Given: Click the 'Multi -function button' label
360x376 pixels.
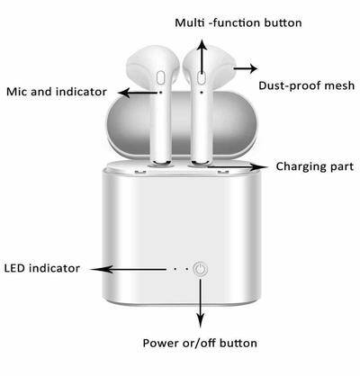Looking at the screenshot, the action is pos(238,22).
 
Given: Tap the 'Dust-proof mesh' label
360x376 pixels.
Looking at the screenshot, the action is pos(307,86).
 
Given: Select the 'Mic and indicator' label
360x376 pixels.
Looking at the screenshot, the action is pos(57,92).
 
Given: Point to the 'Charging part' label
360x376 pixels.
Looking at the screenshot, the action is pos(315,166).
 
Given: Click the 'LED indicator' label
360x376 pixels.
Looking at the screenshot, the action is pos(42,268).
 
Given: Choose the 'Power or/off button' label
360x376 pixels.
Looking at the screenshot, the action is pos(200,343).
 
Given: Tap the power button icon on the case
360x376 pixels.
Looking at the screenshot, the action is pos(200,269).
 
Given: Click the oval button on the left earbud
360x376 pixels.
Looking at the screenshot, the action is pos(161,77).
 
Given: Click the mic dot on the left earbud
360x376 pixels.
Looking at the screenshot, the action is pos(160,93).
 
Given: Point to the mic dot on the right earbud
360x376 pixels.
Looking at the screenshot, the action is pos(201,92).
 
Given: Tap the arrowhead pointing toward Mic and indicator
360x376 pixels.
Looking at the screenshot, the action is pos(124,93).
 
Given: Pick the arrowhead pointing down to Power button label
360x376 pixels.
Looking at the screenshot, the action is pos(200,320).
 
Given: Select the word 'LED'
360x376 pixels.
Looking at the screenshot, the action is pos(15,268).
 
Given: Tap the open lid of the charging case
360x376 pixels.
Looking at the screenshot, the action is pos(182,124).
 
